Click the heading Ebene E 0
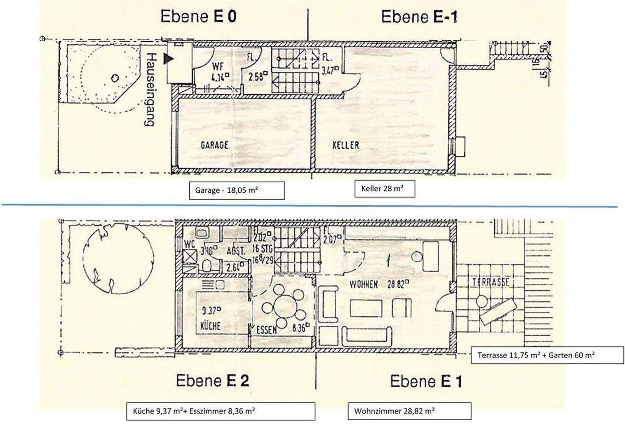tap(198, 16)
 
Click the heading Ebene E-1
tap(419, 16)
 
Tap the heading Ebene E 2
tap(212, 381)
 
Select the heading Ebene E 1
tap(426, 381)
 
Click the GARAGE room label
tap(214, 145)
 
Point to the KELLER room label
tap(345, 145)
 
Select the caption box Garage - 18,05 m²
tap(237, 190)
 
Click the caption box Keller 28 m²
tap(385, 188)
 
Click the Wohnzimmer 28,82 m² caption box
tap(409, 411)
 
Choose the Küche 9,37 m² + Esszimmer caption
tap(220, 411)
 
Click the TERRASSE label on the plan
tap(490, 283)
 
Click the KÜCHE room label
tap(210, 325)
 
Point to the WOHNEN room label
tap(364, 285)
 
